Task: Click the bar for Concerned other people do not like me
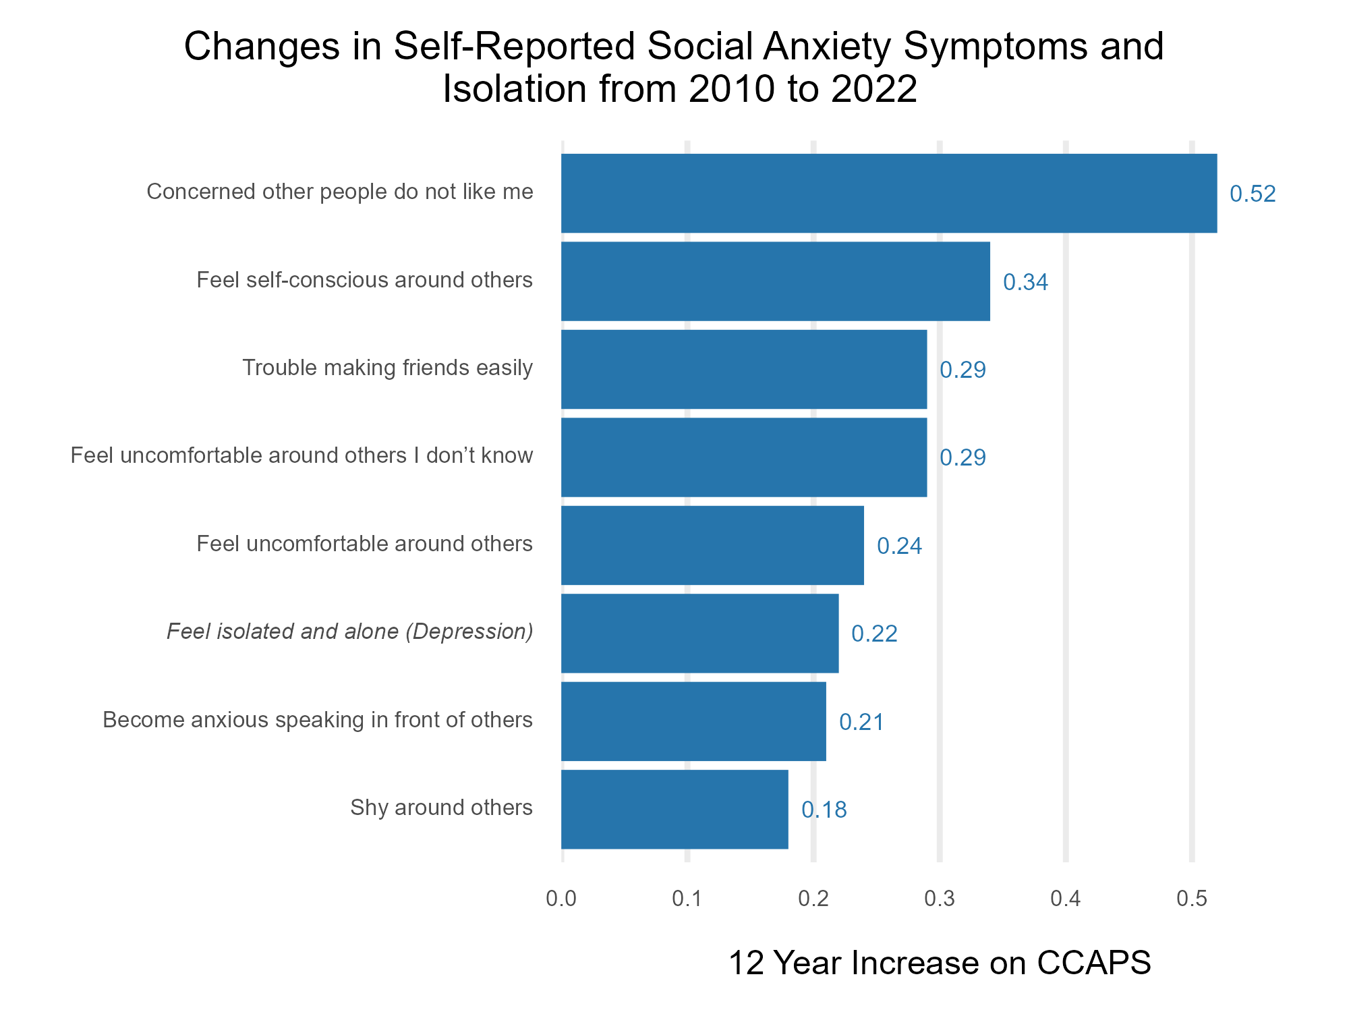tap(889, 194)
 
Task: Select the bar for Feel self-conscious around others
tap(776, 281)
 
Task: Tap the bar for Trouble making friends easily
tap(744, 369)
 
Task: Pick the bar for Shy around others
tap(674, 809)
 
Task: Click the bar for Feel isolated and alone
tap(699, 633)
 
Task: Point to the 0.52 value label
tap(1253, 194)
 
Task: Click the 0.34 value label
tap(1025, 282)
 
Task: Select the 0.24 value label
tap(899, 546)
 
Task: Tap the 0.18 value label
tap(824, 810)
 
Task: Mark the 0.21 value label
tap(861, 722)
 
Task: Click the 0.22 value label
tap(874, 634)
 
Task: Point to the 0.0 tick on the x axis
tap(561, 899)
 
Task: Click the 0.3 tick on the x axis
tap(940, 899)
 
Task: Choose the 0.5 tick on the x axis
tap(1192, 899)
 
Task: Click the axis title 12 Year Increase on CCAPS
tap(940, 963)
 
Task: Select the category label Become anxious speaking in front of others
tap(318, 720)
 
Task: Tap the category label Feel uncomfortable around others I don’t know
tap(302, 456)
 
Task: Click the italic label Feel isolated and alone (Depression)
tap(349, 631)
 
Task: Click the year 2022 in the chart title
tap(874, 88)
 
